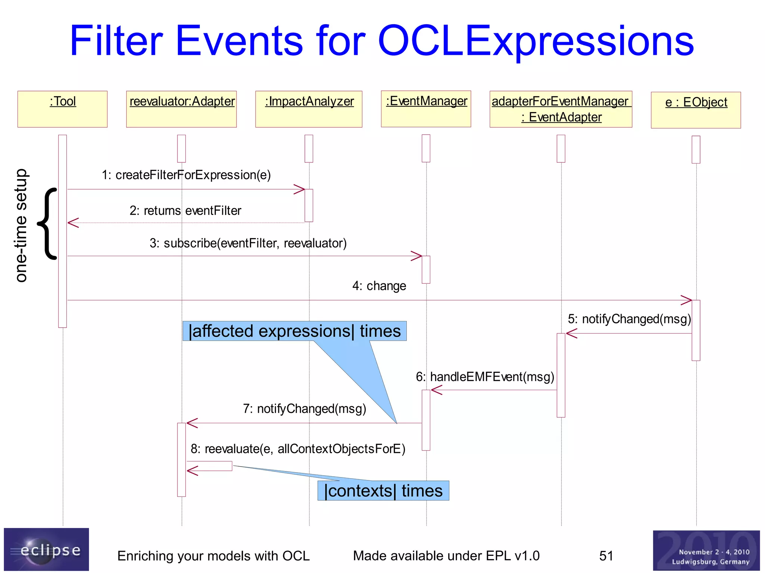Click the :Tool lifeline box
click(x=62, y=109)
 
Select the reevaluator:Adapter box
click(x=181, y=109)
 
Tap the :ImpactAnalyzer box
click(x=309, y=109)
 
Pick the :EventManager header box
click(x=426, y=109)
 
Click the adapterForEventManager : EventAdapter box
click(x=561, y=109)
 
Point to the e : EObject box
click(x=696, y=110)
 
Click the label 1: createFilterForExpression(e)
click(x=186, y=175)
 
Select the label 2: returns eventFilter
click(x=185, y=211)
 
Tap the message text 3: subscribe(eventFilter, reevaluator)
click(x=248, y=243)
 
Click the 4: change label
click(x=379, y=286)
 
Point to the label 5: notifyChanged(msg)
click(x=629, y=319)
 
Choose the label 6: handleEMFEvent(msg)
click(x=485, y=377)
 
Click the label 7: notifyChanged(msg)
click(x=304, y=409)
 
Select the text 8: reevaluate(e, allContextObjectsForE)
click(x=298, y=449)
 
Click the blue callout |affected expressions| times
click(x=294, y=331)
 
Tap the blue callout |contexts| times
click(x=383, y=491)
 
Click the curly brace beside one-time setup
click(x=47, y=223)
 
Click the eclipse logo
click(x=46, y=549)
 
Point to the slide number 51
click(x=606, y=556)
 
